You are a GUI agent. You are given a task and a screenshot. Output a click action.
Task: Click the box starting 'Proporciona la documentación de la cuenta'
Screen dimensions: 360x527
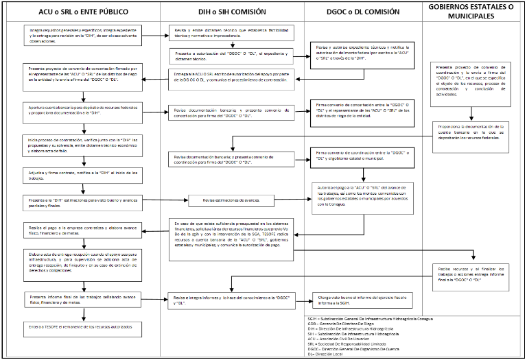click(475, 131)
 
